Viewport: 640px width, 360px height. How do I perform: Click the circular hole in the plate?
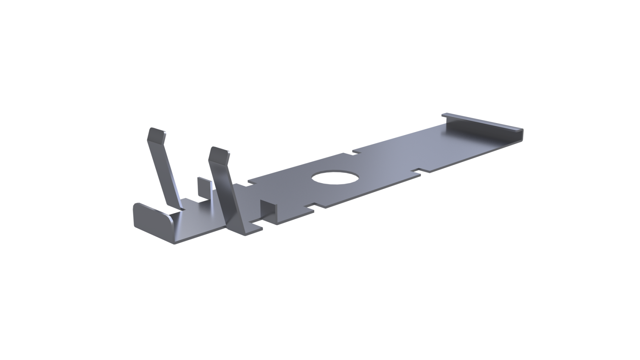point(336,179)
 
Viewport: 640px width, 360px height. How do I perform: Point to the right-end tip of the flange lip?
point(521,130)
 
